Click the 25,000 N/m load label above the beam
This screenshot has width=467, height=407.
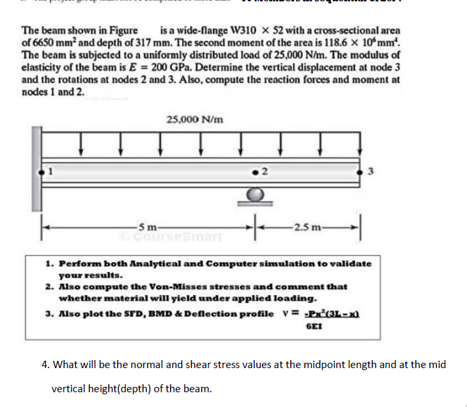pos(194,119)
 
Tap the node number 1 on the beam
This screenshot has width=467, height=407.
pos(49,170)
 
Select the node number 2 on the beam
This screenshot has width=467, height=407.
pos(266,171)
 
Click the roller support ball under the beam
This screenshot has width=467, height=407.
pos(255,194)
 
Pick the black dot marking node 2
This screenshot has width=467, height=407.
pos(255,170)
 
